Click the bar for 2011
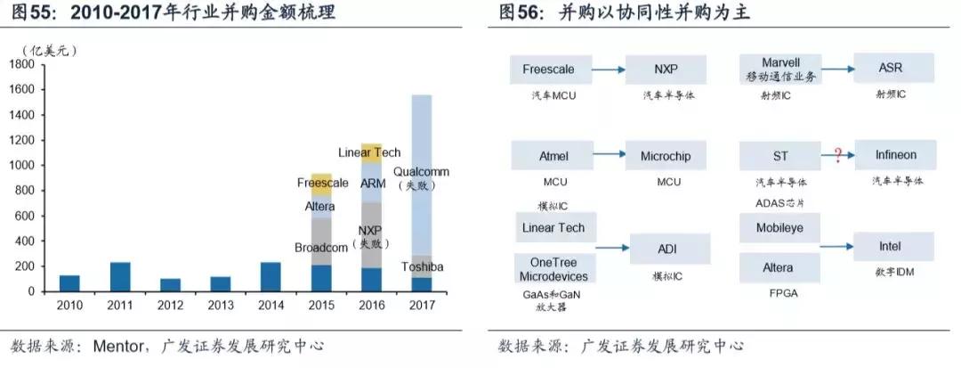(120, 276)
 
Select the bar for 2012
(170, 285)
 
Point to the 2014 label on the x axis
(271, 305)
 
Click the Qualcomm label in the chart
(421, 172)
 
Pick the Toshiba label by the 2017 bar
(422, 267)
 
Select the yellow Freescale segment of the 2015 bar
(321, 184)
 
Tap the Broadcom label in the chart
(321, 247)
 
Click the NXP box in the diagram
(666, 69)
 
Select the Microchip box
(666, 156)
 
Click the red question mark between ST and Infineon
(837, 156)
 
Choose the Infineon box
(894, 156)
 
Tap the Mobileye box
(779, 228)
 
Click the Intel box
(893, 246)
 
